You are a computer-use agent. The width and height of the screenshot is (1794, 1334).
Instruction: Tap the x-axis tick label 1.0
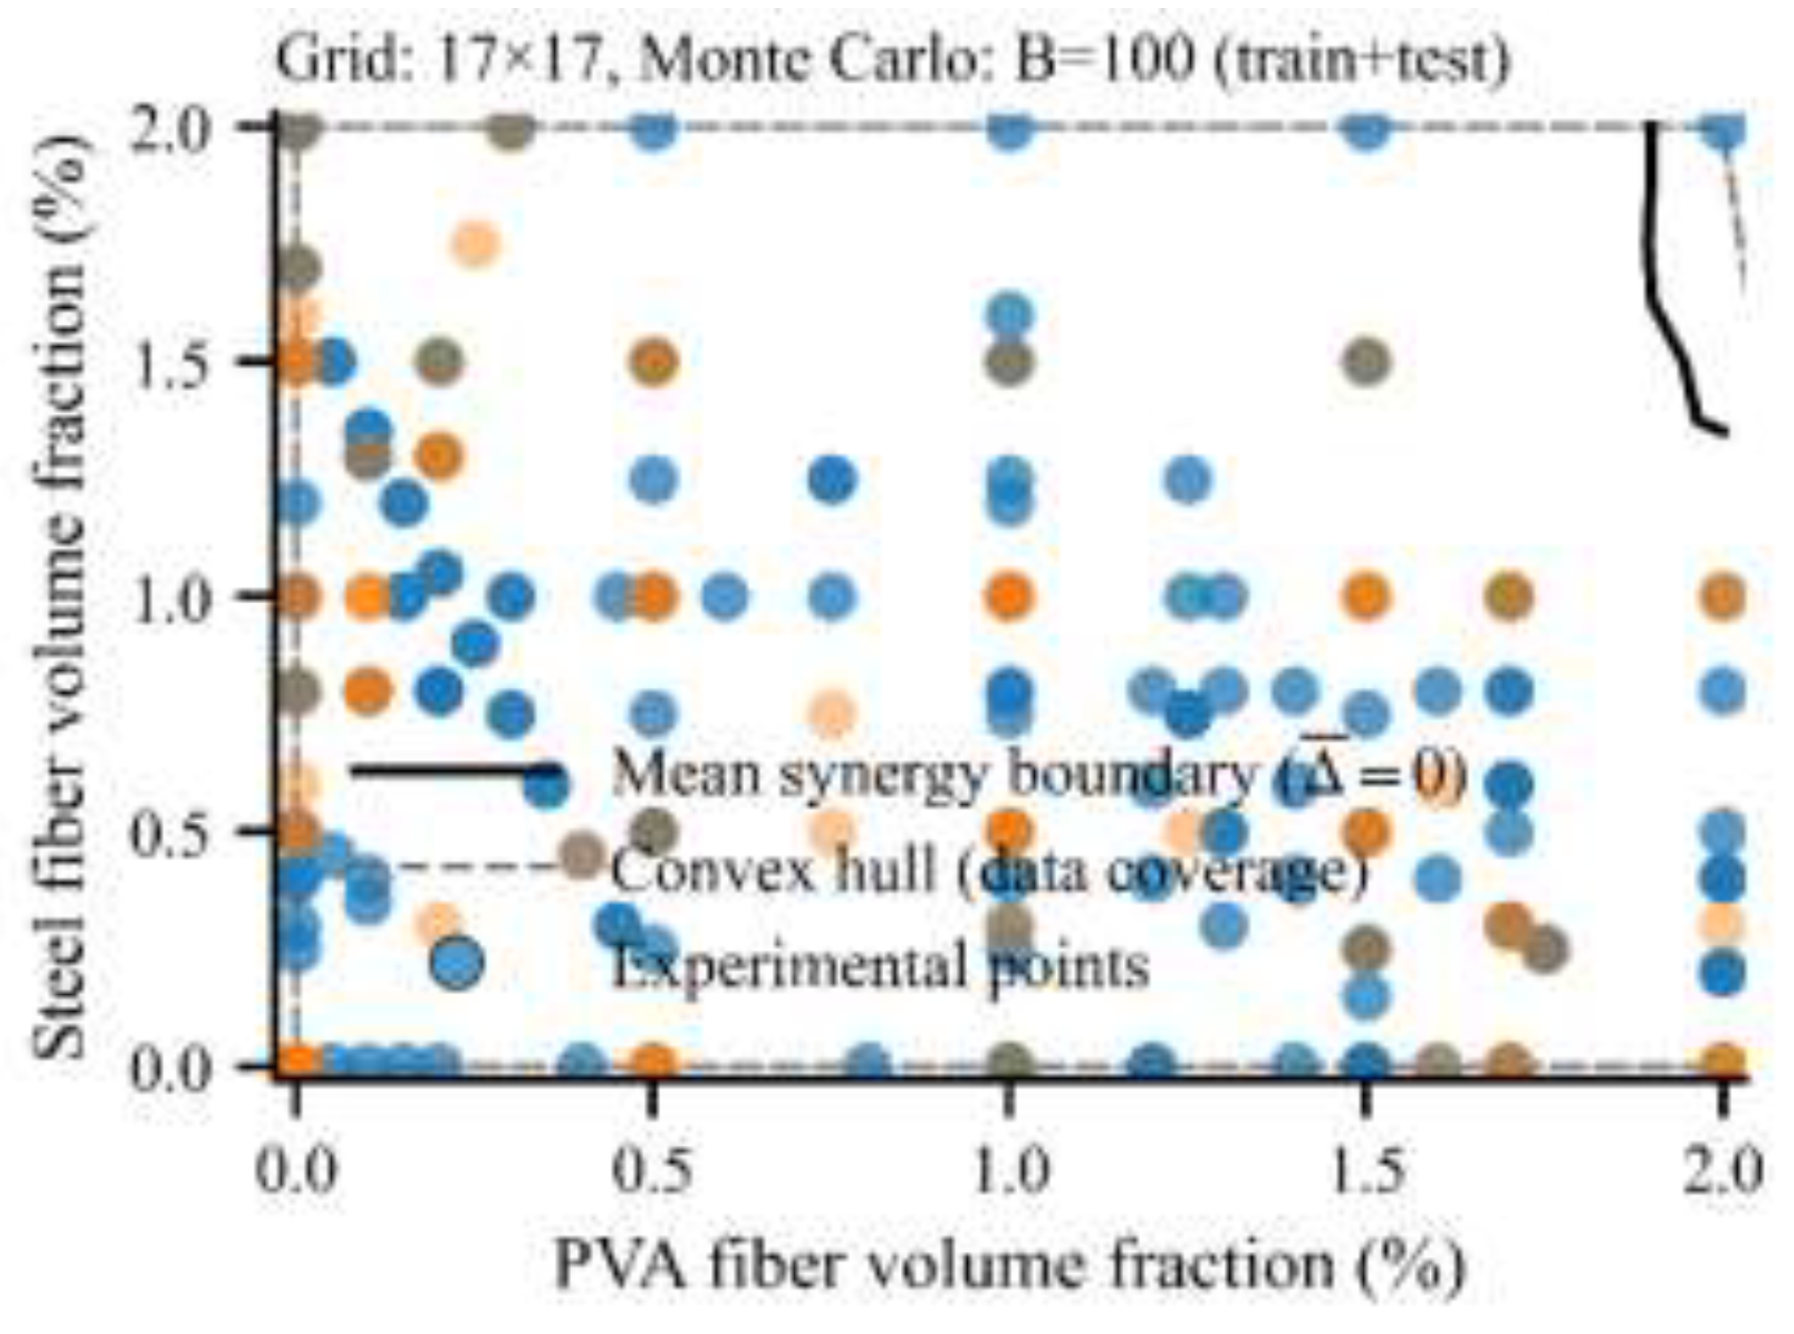point(1010,1170)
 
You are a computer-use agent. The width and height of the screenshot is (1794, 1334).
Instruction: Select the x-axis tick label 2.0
point(1723,1170)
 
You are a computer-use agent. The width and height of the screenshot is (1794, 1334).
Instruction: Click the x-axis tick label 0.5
point(654,1170)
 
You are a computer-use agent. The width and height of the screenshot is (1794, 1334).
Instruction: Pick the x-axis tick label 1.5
point(1366,1170)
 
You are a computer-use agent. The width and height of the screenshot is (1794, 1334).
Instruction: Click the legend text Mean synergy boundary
point(932,774)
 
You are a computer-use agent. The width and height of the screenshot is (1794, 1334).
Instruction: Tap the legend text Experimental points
point(880,965)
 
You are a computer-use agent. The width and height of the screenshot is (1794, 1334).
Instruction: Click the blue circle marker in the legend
point(455,964)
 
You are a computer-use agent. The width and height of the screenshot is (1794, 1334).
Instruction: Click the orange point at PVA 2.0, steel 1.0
point(1723,596)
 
